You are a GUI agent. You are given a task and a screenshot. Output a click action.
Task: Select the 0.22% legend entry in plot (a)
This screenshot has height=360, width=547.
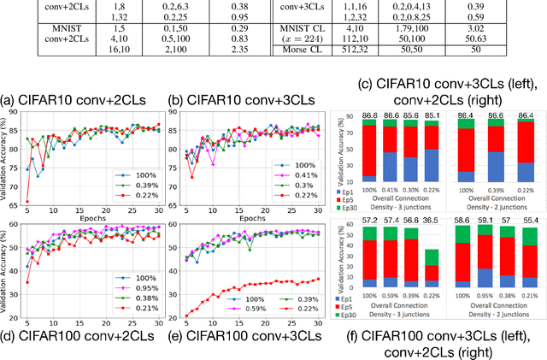coord(133,193)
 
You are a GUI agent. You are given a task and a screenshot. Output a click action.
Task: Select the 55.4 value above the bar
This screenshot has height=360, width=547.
coord(530,221)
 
